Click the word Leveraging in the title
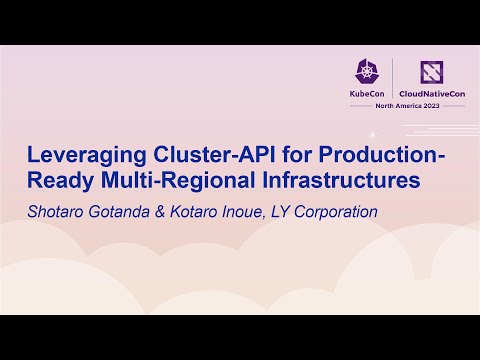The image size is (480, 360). tap(84, 157)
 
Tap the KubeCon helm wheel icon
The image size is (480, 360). tap(366, 70)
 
